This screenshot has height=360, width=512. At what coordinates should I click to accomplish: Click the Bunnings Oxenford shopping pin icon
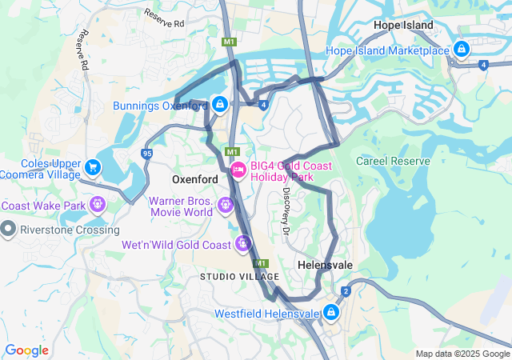click(x=220, y=104)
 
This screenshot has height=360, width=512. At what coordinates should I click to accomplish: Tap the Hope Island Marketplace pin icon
click(x=461, y=50)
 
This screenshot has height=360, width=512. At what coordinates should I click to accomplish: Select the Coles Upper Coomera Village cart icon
click(x=94, y=166)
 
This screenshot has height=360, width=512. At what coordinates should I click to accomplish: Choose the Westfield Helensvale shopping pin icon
click(x=331, y=313)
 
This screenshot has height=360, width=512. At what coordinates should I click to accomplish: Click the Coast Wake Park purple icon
click(x=98, y=205)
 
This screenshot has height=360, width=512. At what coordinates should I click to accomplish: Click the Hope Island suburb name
click(x=404, y=26)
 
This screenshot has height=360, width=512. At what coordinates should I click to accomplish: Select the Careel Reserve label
click(x=393, y=161)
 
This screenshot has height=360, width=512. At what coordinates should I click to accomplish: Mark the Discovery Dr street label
click(x=286, y=211)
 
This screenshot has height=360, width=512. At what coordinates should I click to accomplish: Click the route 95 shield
click(x=146, y=153)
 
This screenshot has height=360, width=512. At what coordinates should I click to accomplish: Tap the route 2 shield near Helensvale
click(x=346, y=291)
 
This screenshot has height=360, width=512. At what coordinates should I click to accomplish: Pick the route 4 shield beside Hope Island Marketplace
click(x=484, y=65)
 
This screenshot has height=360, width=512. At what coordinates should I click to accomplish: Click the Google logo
click(x=26, y=350)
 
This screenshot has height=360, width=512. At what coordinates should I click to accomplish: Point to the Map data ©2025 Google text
click(x=462, y=354)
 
